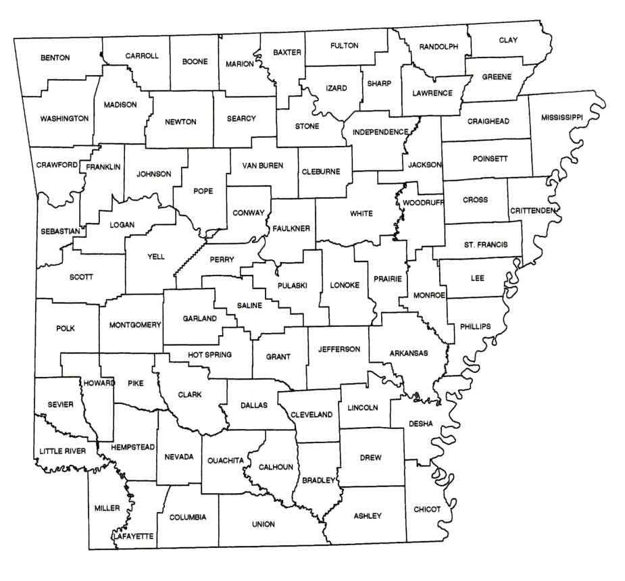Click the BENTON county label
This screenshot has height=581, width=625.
(55, 58)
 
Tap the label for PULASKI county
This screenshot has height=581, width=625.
(292, 286)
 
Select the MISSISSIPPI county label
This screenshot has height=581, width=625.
(561, 118)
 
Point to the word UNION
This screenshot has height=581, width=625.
(263, 524)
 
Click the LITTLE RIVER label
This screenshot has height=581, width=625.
(62, 451)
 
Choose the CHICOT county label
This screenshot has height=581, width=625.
(426, 509)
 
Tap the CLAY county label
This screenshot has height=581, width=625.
(508, 41)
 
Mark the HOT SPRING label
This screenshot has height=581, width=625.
(209, 354)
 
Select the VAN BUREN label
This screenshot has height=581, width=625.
(262, 165)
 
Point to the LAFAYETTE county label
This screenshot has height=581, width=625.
(133, 536)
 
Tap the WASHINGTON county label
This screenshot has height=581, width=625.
(64, 118)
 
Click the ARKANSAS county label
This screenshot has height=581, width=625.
(408, 353)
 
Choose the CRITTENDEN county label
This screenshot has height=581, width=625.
(532, 211)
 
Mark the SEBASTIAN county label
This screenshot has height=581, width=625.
(59, 231)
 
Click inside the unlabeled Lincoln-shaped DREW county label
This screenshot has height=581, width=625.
(370, 457)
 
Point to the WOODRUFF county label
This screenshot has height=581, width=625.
(421, 203)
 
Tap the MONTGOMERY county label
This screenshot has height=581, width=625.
(135, 325)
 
